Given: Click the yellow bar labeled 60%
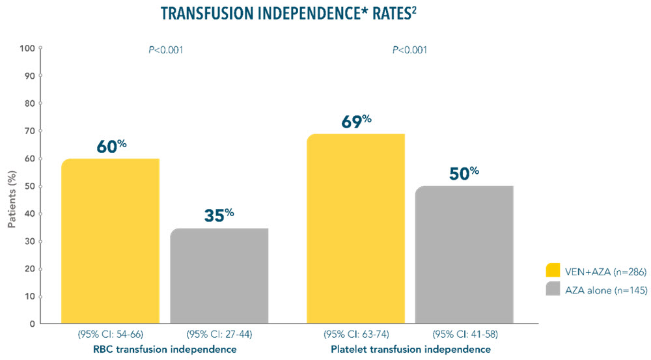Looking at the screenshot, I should tap(110, 241).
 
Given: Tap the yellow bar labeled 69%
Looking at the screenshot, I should tap(355, 228).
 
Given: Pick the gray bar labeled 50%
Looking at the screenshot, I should tap(464, 255).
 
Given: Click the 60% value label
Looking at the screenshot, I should tap(111, 146).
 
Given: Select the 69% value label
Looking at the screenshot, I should tap(355, 122).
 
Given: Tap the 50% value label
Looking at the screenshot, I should tap(464, 174).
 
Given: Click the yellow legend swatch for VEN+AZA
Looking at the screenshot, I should tap(553, 270).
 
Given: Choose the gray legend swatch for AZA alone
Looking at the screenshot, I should tap(553, 290).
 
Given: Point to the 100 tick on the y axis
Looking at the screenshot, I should tap(27, 48).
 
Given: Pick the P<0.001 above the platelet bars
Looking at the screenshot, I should tap(409, 49).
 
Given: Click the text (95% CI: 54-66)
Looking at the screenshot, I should tap(110, 335).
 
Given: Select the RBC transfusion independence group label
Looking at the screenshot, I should tap(165, 350).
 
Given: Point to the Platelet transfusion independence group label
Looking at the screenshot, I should tap(409, 350).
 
